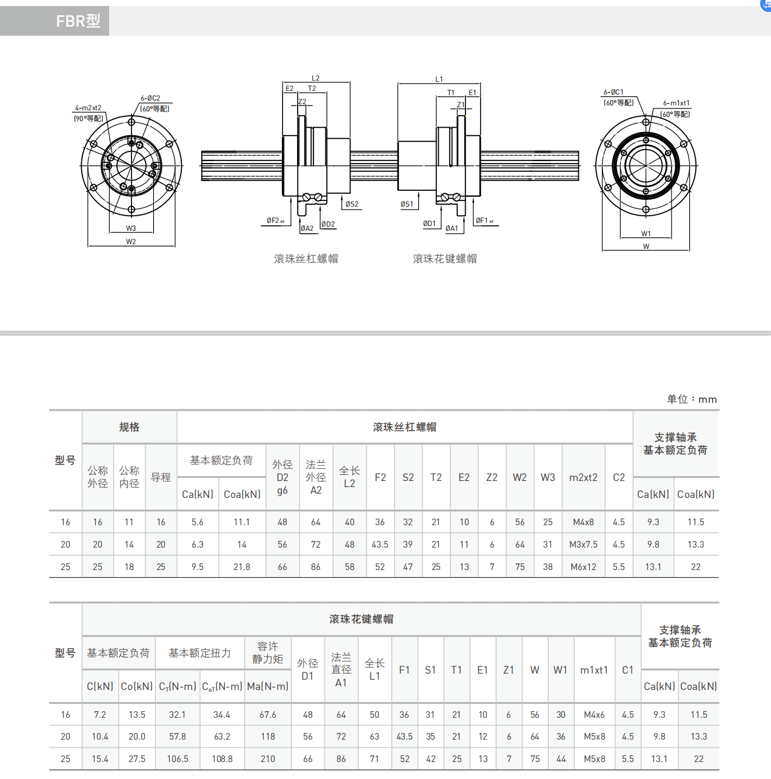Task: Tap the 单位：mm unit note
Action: [692, 399]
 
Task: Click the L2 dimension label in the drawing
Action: [315, 78]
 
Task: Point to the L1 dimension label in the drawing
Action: [439, 79]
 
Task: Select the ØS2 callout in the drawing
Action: [352, 204]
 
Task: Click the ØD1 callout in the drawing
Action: [429, 224]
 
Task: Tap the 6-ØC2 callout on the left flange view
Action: [150, 98]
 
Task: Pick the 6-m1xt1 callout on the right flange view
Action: [676, 103]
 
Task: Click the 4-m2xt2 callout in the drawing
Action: [88, 108]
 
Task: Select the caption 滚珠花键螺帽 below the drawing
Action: [445, 259]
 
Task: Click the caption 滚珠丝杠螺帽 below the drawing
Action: [306, 259]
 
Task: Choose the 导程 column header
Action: [161, 477]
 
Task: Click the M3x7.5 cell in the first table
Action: [583, 545]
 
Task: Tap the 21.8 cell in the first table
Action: [241, 567]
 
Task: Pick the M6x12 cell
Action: [583, 567]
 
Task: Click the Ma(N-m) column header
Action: [267, 686]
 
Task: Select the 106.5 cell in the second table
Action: [178, 759]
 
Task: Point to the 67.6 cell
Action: [267, 715]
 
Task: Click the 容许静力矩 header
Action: [267, 652]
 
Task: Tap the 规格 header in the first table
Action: [129, 427]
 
